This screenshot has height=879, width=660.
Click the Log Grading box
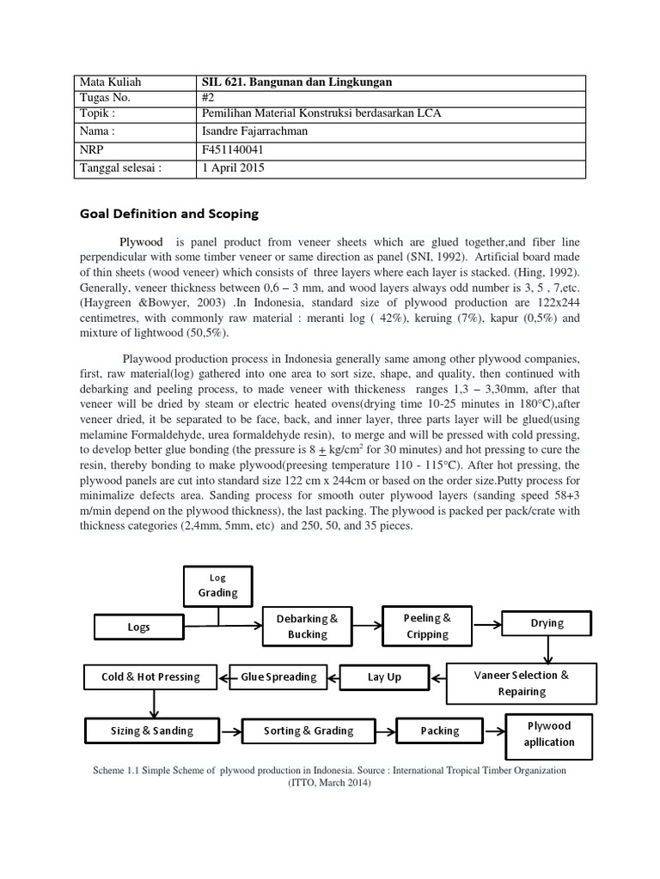click(x=218, y=585)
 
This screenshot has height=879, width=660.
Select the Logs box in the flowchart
click(x=138, y=627)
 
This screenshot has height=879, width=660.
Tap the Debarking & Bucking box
click(x=308, y=626)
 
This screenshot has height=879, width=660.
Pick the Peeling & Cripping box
click(x=427, y=626)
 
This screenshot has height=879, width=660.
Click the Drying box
click(x=547, y=623)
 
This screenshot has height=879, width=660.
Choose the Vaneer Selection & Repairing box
click(x=521, y=682)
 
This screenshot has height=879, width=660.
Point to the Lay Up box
click(x=384, y=677)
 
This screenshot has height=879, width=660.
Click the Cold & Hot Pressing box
click(x=150, y=677)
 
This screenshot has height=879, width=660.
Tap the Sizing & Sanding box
click(x=151, y=731)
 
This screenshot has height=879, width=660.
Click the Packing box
click(x=439, y=731)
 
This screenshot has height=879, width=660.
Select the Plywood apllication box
click(x=548, y=733)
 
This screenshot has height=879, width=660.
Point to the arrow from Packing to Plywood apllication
click(x=493, y=731)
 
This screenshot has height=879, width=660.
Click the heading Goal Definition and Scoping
click(x=168, y=213)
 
